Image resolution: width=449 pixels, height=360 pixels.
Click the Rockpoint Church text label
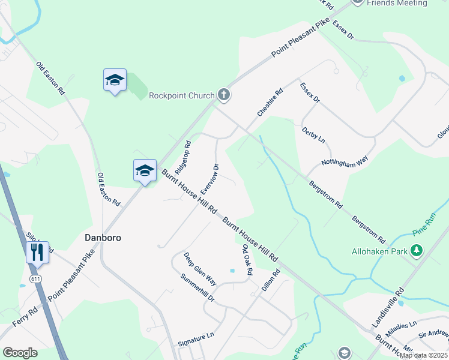coord(181,95)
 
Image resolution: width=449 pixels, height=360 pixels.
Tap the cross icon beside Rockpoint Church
coord(224,94)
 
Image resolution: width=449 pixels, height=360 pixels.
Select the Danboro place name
coord(102,238)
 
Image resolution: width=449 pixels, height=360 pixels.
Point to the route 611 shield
coord(36,279)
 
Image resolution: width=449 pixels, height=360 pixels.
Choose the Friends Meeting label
coord(397,3)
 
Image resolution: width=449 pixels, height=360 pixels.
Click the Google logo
coord(20,352)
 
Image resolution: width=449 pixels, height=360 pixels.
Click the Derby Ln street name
coord(313,134)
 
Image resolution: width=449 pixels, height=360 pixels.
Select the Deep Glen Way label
coord(200,268)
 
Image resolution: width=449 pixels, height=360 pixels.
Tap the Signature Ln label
coord(196,339)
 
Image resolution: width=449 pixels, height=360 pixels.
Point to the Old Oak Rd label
coord(247,260)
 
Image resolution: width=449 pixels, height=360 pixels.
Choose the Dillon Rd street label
coord(271,280)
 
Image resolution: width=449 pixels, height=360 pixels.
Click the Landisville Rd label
coord(388,307)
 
